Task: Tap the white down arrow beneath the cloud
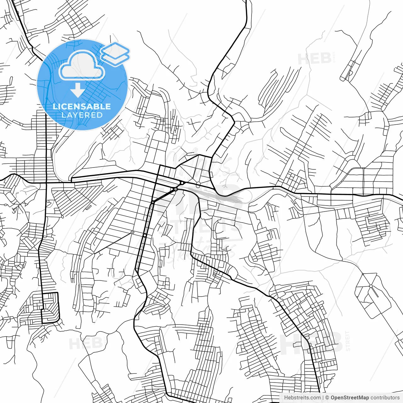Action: click(x=77, y=91)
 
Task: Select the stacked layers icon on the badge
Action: click(x=115, y=54)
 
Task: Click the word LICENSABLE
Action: click(x=82, y=106)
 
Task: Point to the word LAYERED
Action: click(x=82, y=115)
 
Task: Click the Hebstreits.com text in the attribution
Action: click(x=302, y=398)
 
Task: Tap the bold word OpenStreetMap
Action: click(x=350, y=398)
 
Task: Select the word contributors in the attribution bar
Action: click(x=385, y=398)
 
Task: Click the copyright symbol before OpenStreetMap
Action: click(x=327, y=398)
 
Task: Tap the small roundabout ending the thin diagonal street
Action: click(x=132, y=232)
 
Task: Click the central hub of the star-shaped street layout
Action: click(x=371, y=286)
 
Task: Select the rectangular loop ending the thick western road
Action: click(x=50, y=308)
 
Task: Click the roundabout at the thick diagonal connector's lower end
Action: click(x=153, y=202)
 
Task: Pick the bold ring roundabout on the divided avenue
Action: click(x=145, y=235)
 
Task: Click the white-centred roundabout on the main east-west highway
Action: click(x=182, y=183)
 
